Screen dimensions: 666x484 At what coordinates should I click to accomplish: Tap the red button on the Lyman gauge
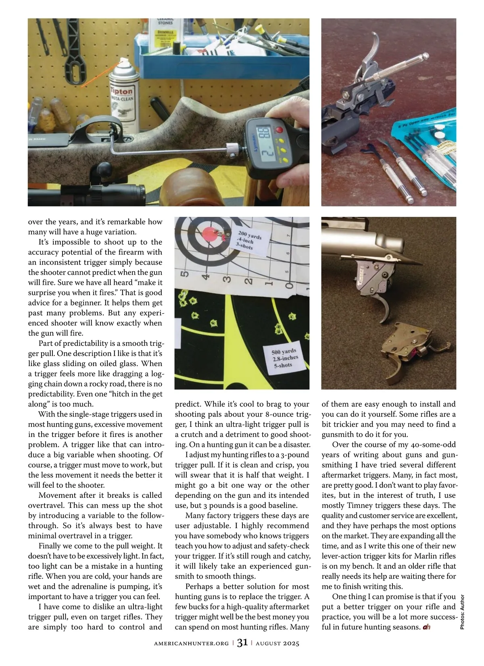(x=279, y=130)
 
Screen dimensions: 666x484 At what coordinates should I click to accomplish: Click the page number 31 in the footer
(x=242, y=643)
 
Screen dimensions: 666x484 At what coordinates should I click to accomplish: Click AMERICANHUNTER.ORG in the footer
(x=191, y=643)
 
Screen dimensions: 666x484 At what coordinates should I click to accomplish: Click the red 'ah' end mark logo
(x=427, y=627)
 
